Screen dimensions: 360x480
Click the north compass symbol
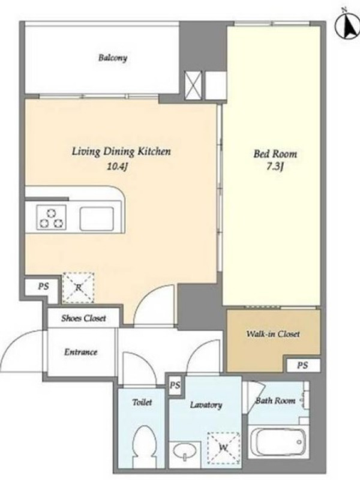click(x=348, y=25)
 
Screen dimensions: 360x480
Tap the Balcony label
click(x=113, y=58)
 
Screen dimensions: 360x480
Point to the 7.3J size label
click(x=275, y=167)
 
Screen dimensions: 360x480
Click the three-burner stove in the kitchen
click(x=52, y=218)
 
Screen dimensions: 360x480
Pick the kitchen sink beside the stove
click(x=97, y=219)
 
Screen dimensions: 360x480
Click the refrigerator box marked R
click(x=78, y=288)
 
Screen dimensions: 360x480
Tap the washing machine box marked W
click(x=223, y=448)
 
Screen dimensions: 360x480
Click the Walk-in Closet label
click(x=273, y=334)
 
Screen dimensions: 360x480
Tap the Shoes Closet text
click(x=83, y=318)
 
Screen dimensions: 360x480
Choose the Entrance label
click(x=80, y=352)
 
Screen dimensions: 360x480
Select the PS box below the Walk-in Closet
click(x=303, y=365)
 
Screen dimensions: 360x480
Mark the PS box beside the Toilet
click(x=175, y=385)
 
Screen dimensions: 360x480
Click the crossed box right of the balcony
click(x=193, y=85)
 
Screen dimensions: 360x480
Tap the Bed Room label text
click(x=275, y=154)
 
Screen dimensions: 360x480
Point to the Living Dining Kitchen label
click(x=121, y=152)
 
